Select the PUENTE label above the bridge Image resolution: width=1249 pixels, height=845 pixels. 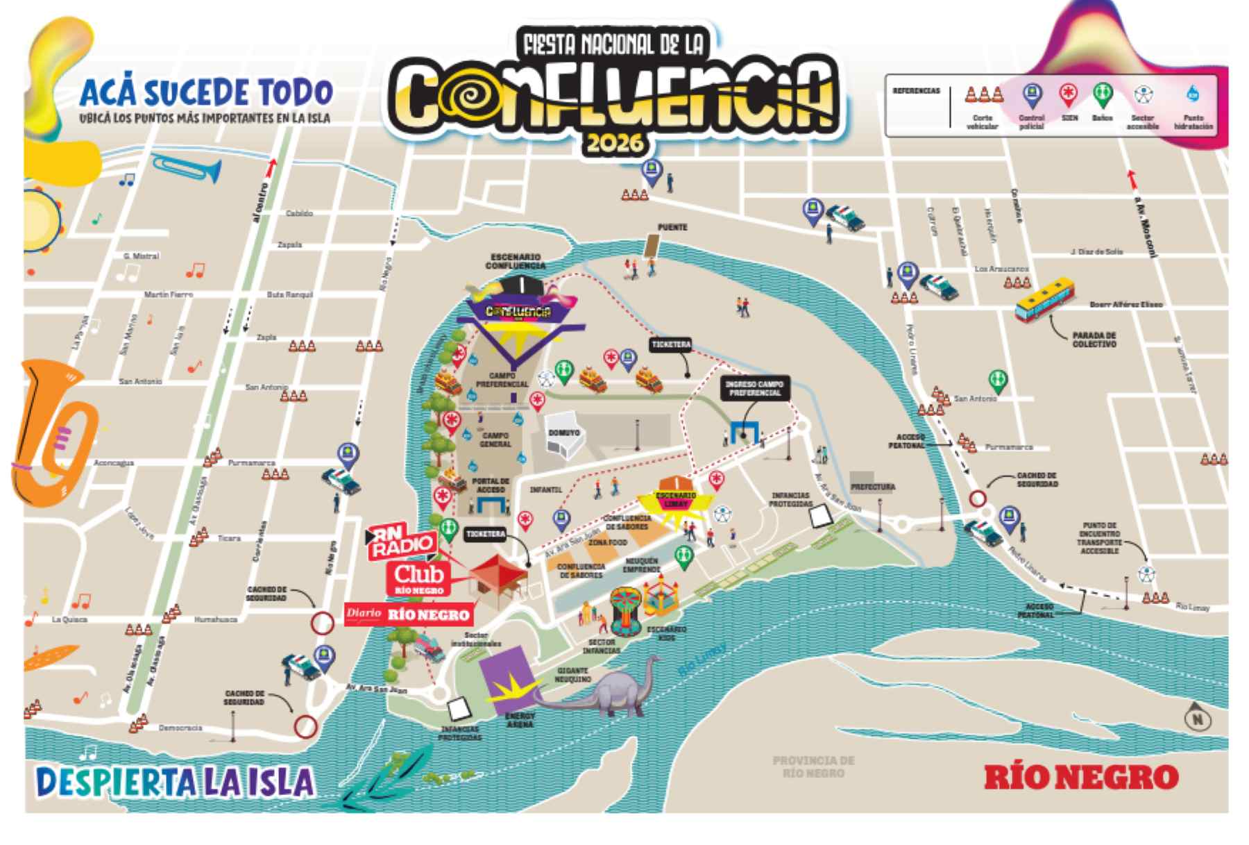click(x=672, y=227)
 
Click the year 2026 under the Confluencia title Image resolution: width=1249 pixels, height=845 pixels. click(x=614, y=143)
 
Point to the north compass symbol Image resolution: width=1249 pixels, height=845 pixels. click(x=1197, y=718)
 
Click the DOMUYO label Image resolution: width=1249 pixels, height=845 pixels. click(x=563, y=433)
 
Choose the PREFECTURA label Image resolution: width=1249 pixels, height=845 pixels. click(x=873, y=487)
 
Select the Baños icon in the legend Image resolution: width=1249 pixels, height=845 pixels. click(x=1102, y=96)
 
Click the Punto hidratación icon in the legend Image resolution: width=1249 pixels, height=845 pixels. click(x=1193, y=95)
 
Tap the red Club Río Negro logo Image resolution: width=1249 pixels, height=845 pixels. click(x=418, y=578)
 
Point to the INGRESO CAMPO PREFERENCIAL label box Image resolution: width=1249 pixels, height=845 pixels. click(x=754, y=388)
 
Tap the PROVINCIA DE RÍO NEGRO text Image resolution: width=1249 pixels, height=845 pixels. click(x=813, y=766)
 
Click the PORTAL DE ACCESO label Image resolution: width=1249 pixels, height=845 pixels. click(x=491, y=485)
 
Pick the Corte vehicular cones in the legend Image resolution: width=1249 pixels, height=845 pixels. click(x=984, y=95)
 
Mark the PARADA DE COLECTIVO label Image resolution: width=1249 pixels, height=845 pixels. click(x=1094, y=340)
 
